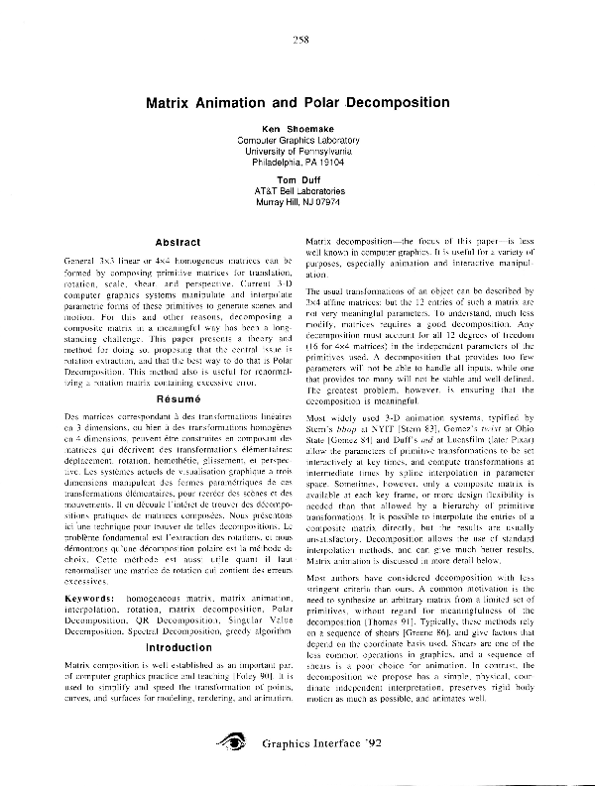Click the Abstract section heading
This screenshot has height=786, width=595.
[x=179, y=242]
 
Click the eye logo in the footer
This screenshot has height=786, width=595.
[x=235, y=739]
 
